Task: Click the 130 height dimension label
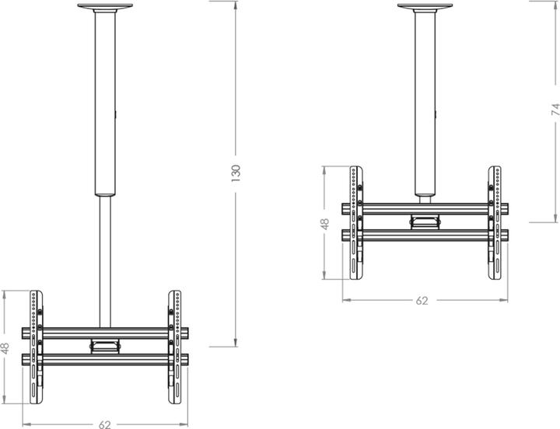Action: [x=236, y=173]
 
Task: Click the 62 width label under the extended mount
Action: [x=105, y=424]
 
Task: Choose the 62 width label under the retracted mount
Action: [x=422, y=299]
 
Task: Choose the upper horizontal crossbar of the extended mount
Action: [x=105, y=333]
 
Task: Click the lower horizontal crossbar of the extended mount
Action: [x=105, y=358]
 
